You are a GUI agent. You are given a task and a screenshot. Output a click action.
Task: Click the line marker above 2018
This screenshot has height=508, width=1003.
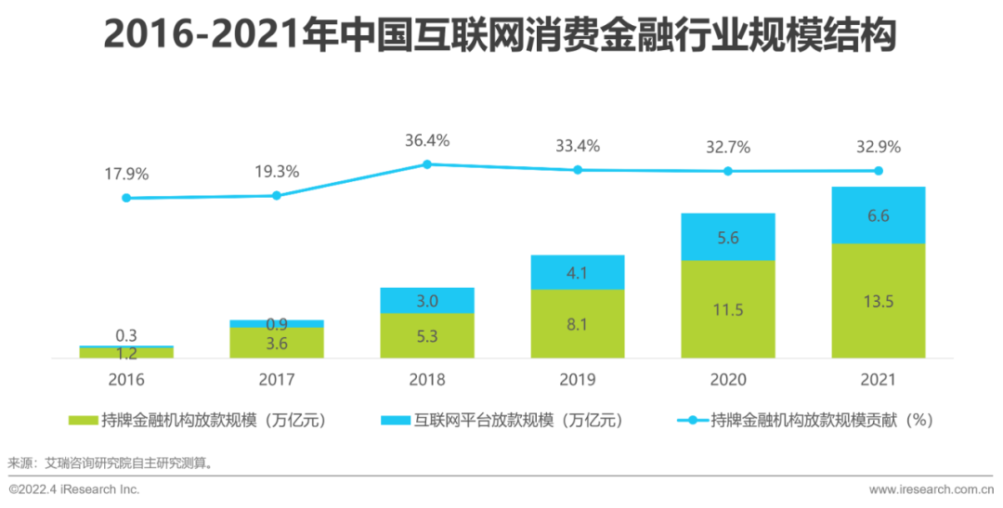[x=427, y=164]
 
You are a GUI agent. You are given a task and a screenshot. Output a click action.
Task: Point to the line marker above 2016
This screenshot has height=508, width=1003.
[x=126, y=198]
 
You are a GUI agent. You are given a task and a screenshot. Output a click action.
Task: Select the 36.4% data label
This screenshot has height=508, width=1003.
[x=427, y=141]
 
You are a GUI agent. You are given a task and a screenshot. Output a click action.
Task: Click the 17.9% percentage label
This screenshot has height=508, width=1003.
[x=126, y=174]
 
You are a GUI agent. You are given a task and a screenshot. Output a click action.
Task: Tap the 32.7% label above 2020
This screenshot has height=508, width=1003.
[x=727, y=147]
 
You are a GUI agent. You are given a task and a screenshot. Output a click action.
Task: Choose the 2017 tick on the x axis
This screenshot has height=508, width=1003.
[x=276, y=379]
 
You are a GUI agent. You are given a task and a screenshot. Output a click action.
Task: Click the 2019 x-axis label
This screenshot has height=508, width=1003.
[x=577, y=379]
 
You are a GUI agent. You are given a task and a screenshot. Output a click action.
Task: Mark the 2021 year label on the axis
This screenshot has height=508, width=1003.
[x=878, y=379]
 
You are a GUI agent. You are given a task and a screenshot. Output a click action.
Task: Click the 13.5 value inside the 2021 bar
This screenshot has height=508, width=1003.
[x=878, y=301]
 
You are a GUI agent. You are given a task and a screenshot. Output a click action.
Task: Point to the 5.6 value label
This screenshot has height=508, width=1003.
[x=727, y=237]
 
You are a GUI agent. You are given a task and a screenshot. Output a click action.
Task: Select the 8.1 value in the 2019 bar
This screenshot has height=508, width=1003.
[x=577, y=325]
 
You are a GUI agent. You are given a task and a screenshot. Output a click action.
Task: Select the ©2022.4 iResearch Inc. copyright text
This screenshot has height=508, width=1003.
[x=74, y=488]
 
